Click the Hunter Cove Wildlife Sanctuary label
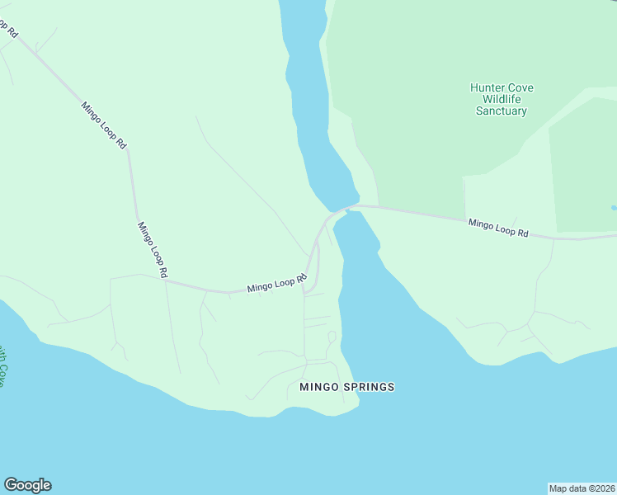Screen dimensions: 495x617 tap(501, 99)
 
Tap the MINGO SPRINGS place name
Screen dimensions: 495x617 tap(346, 387)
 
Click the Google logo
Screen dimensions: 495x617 tap(27, 485)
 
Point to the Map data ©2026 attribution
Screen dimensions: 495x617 tap(582, 488)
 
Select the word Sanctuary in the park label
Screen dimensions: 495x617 tap(501, 111)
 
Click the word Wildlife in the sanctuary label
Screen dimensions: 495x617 tap(502, 99)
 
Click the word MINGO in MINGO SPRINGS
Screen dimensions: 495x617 tap(316, 387)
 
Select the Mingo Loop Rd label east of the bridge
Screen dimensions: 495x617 tap(498, 228)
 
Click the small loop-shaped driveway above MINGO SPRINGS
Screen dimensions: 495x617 tap(332, 337)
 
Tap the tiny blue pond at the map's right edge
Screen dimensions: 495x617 tap(614, 207)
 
